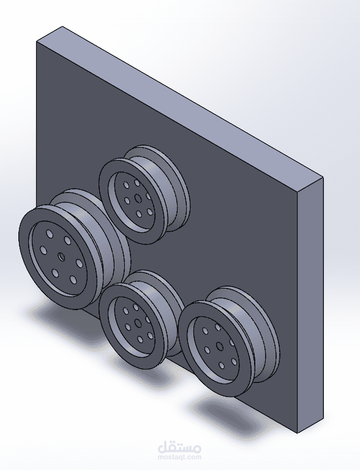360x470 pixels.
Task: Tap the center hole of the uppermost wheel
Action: (138, 198)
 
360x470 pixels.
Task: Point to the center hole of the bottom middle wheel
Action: (138, 322)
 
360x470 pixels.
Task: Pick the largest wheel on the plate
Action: (67, 251)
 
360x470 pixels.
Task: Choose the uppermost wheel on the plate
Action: (144, 193)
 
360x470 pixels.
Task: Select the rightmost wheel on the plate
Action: (227, 340)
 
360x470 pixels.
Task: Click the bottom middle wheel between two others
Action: (141, 319)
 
